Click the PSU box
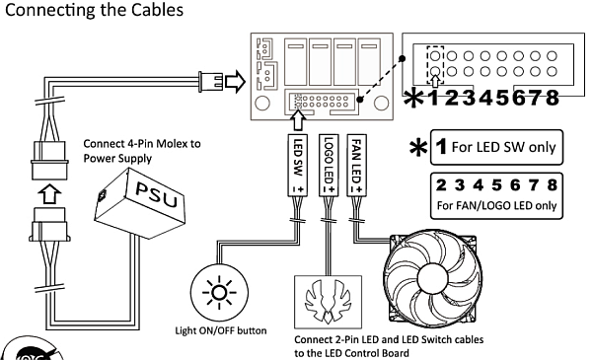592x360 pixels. (x=140, y=202)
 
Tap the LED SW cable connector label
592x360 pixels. (x=298, y=165)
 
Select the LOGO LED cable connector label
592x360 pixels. (x=329, y=165)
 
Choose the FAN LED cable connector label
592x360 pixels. (x=356, y=165)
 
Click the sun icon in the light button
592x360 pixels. (x=219, y=293)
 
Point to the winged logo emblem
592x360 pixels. (x=329, y=301)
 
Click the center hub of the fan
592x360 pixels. (x=433, y=278)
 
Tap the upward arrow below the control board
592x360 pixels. (x=298, y=120)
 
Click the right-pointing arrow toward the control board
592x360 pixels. (x=235, y=81)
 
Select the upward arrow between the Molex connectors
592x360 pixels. (x=49, y=193)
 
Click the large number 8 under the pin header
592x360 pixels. (x=552, y=98)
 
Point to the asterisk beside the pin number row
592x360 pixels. (x=413, y=99)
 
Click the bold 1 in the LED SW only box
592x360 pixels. (x=441, y=146)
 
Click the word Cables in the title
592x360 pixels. (x=157, y=10)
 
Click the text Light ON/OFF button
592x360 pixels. (x=221, y=331)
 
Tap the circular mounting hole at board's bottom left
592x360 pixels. (x=262, y=103)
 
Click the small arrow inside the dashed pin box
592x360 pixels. (x=435, y=81)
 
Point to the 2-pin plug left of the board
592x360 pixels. (x=210, y=82)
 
